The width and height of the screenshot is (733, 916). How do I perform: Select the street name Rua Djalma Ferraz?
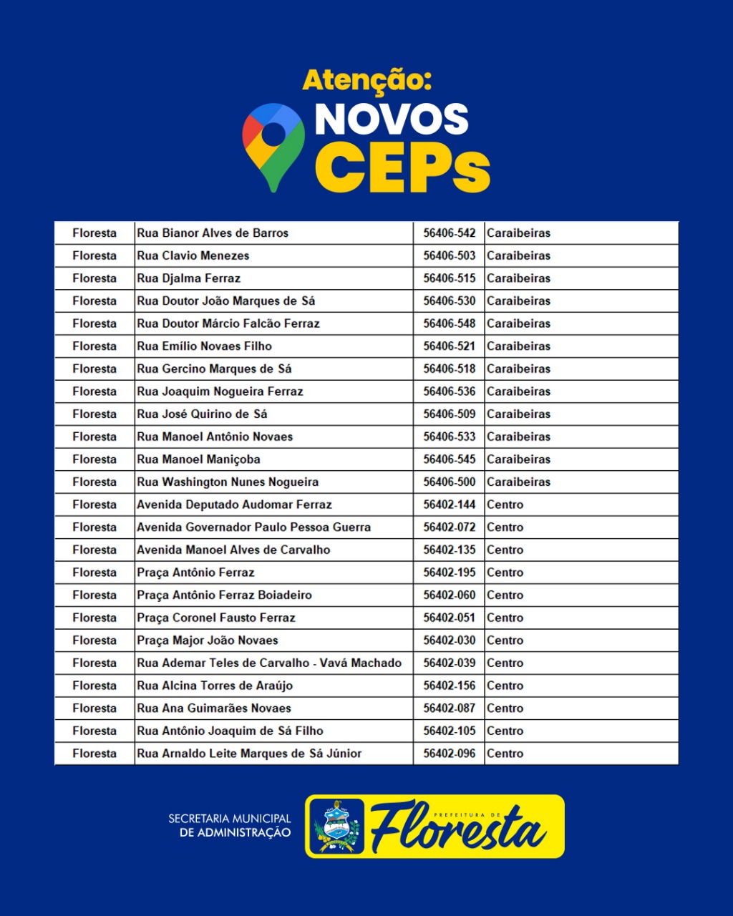(189, 278)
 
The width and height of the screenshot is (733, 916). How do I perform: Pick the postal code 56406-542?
(449, 233)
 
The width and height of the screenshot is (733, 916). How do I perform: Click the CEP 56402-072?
(449, 527)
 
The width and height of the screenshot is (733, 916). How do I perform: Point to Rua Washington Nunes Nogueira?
(228, 482)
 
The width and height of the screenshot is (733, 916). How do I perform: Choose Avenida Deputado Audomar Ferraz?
(234, 505)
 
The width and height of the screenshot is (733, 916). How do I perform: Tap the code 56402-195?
(449, 572)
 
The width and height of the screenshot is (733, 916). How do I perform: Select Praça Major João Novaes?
(208, 640)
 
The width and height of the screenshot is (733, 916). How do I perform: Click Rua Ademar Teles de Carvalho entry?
(269, 663)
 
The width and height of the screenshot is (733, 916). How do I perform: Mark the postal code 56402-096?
(449, 754)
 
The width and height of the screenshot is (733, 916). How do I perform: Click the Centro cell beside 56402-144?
(505, 505)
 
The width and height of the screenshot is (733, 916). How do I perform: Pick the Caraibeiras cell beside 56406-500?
(519, 482)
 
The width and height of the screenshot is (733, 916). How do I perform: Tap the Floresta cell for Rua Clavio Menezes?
(94, 255)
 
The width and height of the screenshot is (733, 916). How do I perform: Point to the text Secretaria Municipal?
(230, 818)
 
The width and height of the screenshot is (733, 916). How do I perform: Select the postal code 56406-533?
(449, 437)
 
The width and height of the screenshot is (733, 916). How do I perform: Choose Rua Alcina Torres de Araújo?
(215, 686)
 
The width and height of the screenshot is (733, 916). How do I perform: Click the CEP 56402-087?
(449, 708)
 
